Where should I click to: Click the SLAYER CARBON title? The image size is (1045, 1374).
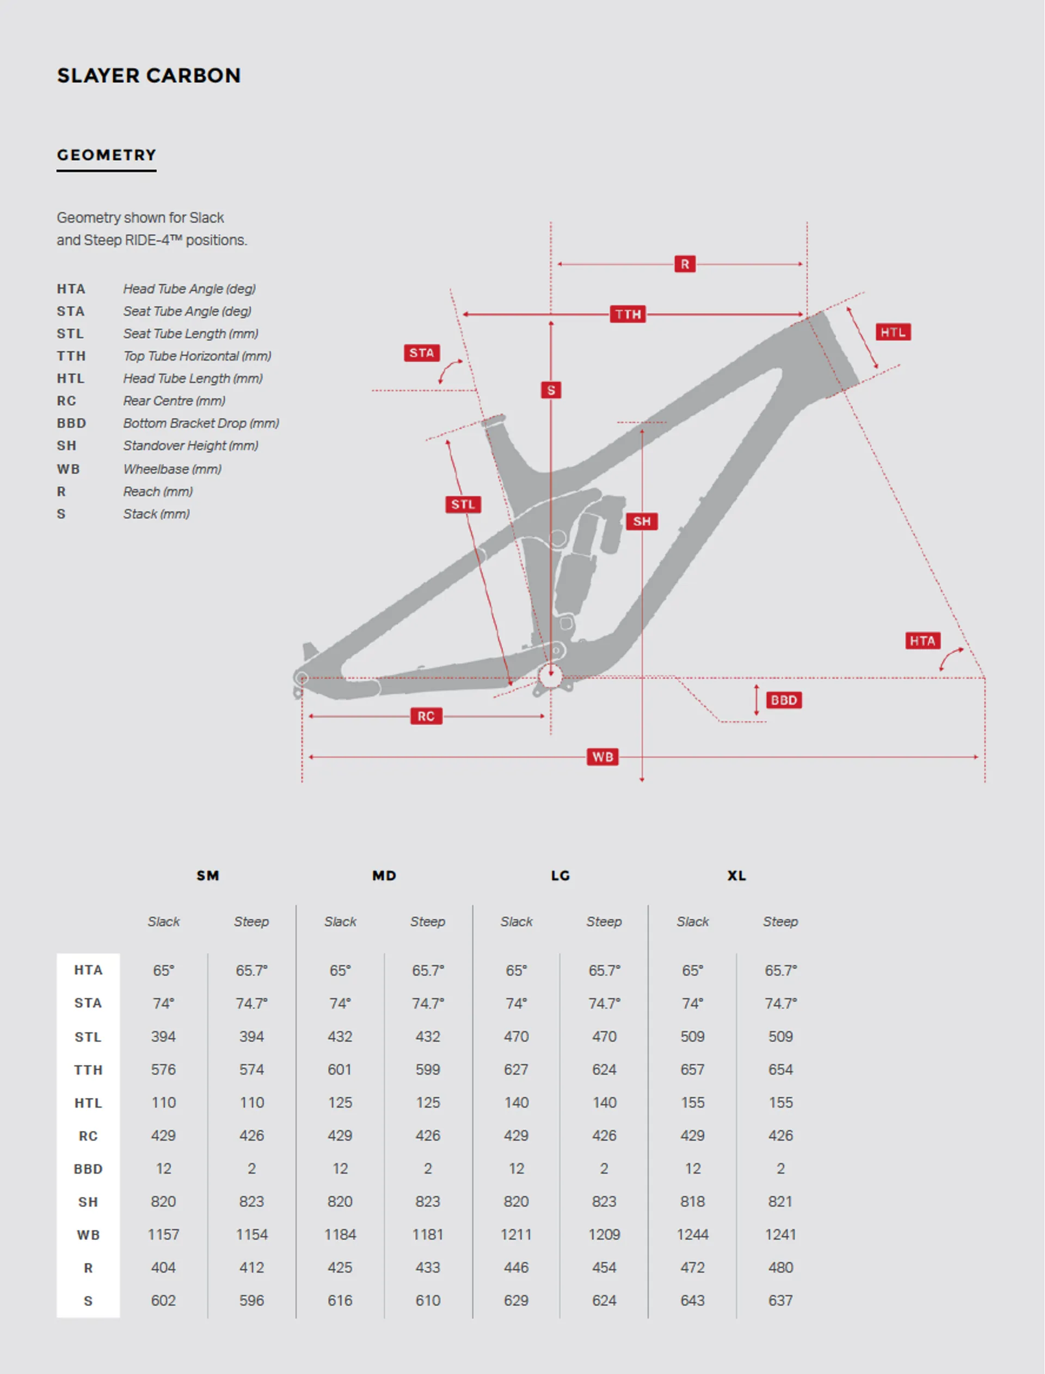149,75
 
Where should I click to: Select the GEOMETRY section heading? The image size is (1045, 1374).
106,155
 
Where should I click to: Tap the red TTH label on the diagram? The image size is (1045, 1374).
628,314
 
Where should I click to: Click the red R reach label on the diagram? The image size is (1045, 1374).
684,264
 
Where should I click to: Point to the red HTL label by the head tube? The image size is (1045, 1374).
893,332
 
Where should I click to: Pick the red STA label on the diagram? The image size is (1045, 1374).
421,353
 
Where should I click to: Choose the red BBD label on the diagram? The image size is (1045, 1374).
783,700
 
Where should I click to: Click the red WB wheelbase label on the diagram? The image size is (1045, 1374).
602,756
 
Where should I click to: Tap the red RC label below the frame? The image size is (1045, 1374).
426,716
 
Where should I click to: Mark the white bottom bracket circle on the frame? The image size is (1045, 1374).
550,676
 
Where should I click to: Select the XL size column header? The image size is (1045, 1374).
736,876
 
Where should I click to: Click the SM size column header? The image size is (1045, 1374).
208,876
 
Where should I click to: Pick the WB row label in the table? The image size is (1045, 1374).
88,1235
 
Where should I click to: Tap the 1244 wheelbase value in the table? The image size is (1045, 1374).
692,1235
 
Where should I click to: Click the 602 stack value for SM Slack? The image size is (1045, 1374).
163,1300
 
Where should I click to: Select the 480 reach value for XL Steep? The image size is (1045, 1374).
780,1268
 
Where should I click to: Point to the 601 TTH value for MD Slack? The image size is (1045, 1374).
340,1070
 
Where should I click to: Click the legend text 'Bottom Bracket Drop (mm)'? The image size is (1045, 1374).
201,423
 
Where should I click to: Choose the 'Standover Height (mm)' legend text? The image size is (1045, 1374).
190,445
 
